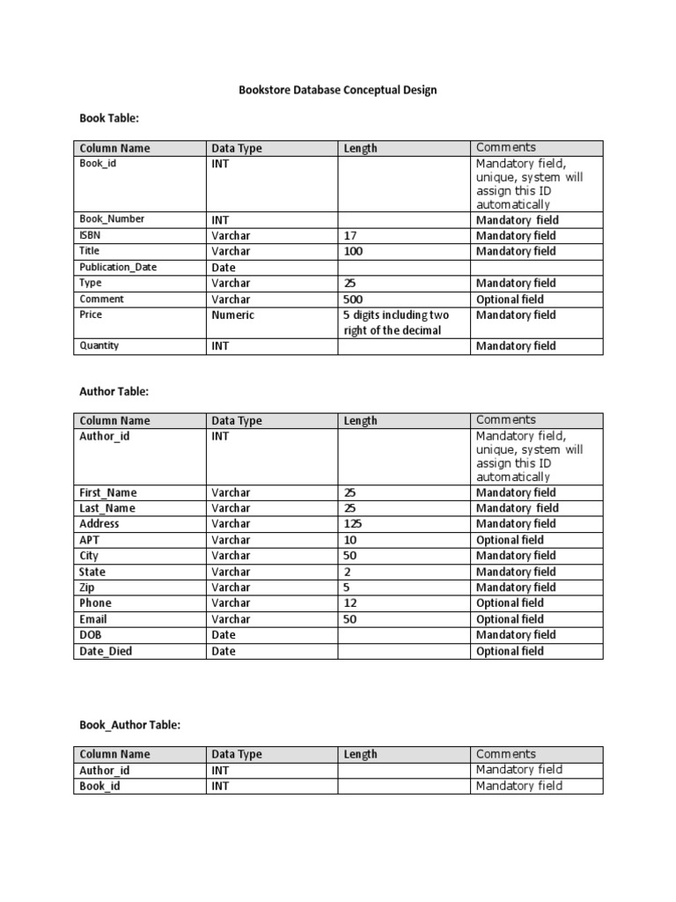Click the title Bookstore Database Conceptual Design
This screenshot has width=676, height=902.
[x=338, y=90]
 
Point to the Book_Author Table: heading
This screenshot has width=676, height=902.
[x=130, y=724]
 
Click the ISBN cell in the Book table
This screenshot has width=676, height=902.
[x=90, y=235]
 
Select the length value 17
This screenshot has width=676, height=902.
[x=350, y=235]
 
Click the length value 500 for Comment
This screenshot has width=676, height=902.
[x=354, y=299]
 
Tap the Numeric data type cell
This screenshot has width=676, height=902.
[x=232, y=314]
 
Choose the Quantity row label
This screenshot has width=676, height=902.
[x=99, y=346]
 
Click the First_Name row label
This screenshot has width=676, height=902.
[x=108, y=492]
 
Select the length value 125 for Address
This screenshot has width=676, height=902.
[x=354, y=524]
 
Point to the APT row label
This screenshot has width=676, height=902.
[x=90, y=540]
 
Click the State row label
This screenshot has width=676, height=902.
[x=92, y=572]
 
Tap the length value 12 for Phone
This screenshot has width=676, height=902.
[x=350, y=603]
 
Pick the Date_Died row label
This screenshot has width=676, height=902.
[x=107, y=651]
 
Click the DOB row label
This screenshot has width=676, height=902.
[x=91, y=635]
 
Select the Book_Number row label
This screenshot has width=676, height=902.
[x=113, y=219]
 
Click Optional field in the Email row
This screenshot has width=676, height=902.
[x=510, y=619]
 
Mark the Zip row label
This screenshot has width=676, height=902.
[x=87, y=588]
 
